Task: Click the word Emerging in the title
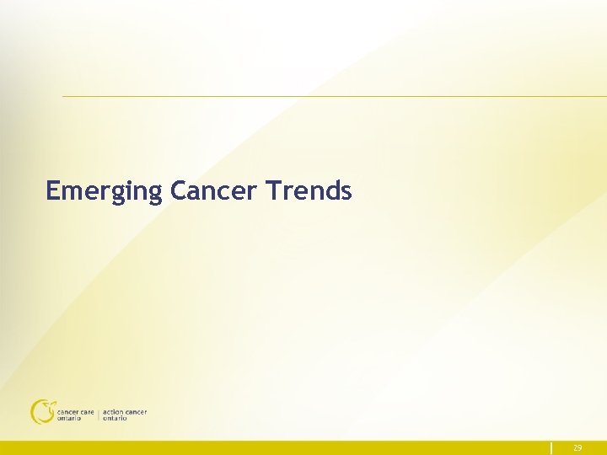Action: pos(103,191)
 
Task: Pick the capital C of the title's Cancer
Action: pos(178,190)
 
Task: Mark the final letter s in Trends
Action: pos(346,193)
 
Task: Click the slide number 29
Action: pos(577,448)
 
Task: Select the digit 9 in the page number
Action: pos(580,448)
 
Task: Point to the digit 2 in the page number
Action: pos(575,448)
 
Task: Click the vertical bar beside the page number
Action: pos(551,448)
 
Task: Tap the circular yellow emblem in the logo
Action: pos(41,411)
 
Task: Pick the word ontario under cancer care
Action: pos(69,419)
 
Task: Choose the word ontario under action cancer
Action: pos(115,419)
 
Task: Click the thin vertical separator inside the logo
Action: pos(99,415)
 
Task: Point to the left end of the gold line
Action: pos(64,96)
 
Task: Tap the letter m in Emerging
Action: pos(73,193)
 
